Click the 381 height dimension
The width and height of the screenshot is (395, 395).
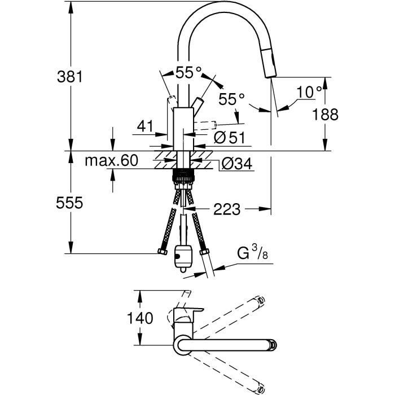click(71, 77)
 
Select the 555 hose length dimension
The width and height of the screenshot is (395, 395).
click(71, 203)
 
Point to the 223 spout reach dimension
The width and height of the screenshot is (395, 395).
click(227, 209)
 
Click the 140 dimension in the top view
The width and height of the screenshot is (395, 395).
click(140, 318)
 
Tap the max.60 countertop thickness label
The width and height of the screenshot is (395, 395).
click(111, 161)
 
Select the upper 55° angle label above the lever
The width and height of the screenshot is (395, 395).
click(188, 72)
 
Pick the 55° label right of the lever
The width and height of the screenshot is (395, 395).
click(232, 99)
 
